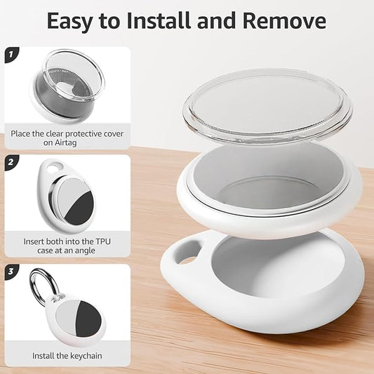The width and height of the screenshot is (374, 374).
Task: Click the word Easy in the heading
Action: pos(70,22)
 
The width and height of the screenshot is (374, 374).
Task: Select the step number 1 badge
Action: pos(11,55)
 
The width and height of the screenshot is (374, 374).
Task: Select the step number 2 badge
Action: pos(11,162)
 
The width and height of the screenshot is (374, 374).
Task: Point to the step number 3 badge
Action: pos(11,272)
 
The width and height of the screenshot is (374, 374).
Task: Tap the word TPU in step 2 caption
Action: pos(103,241)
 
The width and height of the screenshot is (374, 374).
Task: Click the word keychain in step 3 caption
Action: pos(84,356)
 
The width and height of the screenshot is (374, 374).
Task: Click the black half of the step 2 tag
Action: pos(81,208)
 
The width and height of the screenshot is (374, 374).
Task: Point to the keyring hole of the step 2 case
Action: pos(55,167)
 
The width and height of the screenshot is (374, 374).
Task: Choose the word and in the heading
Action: pos(216,20)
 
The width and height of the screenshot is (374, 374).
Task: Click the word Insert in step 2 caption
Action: pos(34,241)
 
